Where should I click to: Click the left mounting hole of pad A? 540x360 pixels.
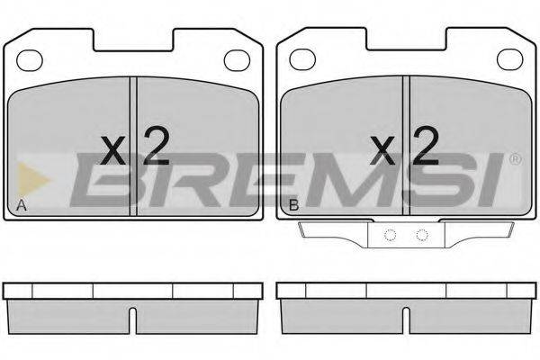[30, 60]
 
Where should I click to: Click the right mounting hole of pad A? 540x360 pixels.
[237, 60]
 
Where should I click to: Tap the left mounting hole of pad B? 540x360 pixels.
[302, 58]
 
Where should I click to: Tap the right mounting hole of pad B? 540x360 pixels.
[510, 58]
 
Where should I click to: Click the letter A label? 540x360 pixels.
[22, 205]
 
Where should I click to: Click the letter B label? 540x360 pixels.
[293, 205]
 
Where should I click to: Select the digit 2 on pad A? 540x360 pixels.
[157, 146]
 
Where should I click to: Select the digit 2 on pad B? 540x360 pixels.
[427, 146]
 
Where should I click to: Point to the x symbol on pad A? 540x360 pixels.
[113, 150]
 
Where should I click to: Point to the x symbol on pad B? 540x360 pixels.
[382, 150]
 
